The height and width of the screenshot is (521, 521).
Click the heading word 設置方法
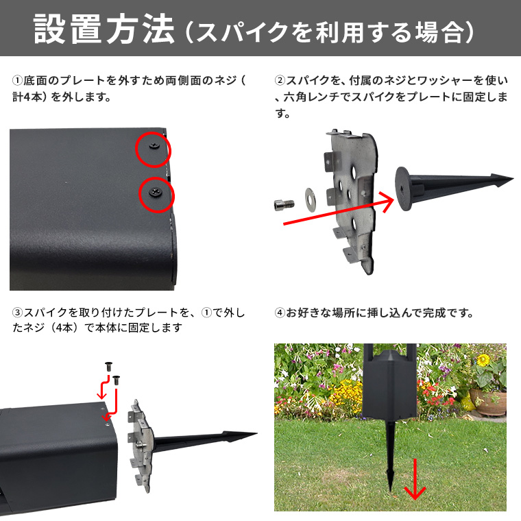click(104, 29)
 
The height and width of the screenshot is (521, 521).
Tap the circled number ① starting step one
click(18, 80)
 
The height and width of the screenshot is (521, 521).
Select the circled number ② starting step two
click(280, 80)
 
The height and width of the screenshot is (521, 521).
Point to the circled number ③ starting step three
click(18, 313)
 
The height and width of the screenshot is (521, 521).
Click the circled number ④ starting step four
click(280, 313)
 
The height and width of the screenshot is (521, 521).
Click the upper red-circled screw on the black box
click(154, 145)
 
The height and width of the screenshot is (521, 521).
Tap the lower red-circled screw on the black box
click(155, 192)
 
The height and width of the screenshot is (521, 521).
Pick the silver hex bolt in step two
click(284, 204)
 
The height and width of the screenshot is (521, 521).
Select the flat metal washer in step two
click(311, 199)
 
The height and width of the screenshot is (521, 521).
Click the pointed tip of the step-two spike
click(513, 179)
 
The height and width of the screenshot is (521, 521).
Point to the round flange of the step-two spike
click(402, 189)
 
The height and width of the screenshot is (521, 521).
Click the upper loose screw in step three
click(108, 367)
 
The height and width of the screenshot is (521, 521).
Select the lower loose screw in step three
click(117, 380)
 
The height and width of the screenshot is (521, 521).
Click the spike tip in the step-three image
click(256, 433)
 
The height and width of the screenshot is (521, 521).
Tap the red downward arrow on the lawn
click(415, 479)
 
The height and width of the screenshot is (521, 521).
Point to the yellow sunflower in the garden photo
click(483, 360)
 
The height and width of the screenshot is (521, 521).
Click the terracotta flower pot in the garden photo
click(488, 402)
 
